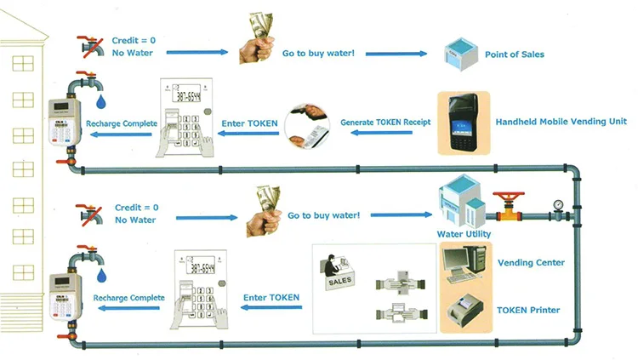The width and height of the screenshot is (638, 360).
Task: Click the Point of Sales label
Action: (514, 54)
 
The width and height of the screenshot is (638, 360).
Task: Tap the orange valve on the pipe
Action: (508, 206)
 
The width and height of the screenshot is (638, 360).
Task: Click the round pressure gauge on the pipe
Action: (557, 205)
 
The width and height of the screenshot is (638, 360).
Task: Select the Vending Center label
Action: (531, 263)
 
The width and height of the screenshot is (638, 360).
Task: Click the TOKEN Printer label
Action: (528, 310)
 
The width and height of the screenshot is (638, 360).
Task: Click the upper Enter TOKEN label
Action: (246, 123)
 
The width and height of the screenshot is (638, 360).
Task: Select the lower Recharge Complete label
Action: (128, 298)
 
